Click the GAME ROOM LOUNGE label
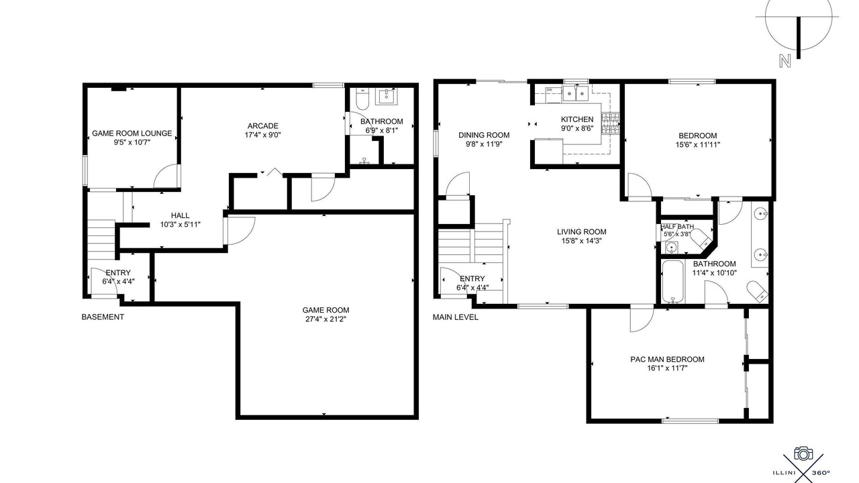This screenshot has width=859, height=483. tap(132, 133)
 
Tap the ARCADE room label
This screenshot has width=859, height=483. tap(262, 125)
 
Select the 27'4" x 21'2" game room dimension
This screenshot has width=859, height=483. tap(325, 319)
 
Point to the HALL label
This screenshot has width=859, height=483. tap(181, 215)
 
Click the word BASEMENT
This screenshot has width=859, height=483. tap(103, 317)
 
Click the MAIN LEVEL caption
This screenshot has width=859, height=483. tap(456, 317)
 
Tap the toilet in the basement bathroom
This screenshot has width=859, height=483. tap(362, 98)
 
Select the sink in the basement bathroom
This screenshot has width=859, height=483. tap(386, 96)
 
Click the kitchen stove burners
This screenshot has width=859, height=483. tap(610, 123)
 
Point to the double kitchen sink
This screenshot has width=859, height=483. tap(576, 93)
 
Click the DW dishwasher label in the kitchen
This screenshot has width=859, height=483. tap(549, 90)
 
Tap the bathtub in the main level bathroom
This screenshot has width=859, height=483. tap(672, 282)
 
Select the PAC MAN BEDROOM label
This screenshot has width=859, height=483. tap(667, 359)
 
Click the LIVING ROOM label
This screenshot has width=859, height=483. tap(581, 231)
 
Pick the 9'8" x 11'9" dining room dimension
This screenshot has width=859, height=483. tap(484, 144)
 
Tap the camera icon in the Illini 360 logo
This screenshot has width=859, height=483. tap(803, 453)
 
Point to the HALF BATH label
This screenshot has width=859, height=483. tap(677, 227)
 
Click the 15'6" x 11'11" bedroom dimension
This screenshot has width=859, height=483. tap(697, 144)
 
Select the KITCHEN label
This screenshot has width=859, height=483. tap(577, 119)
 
